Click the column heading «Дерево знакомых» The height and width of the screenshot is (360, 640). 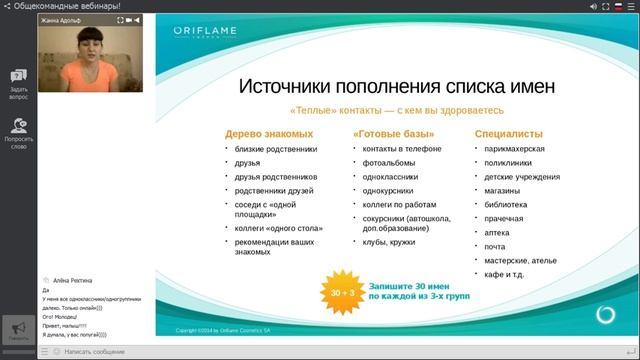(269, 132)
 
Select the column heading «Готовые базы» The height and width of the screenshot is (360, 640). (393, 132)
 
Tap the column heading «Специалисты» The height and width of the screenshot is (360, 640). (509, 132)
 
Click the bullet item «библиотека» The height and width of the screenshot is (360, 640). (505, 204)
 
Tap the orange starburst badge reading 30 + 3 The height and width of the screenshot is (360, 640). (342, 292)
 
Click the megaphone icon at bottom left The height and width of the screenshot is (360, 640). (17, 329)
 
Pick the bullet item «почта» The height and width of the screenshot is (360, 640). (495, 246)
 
